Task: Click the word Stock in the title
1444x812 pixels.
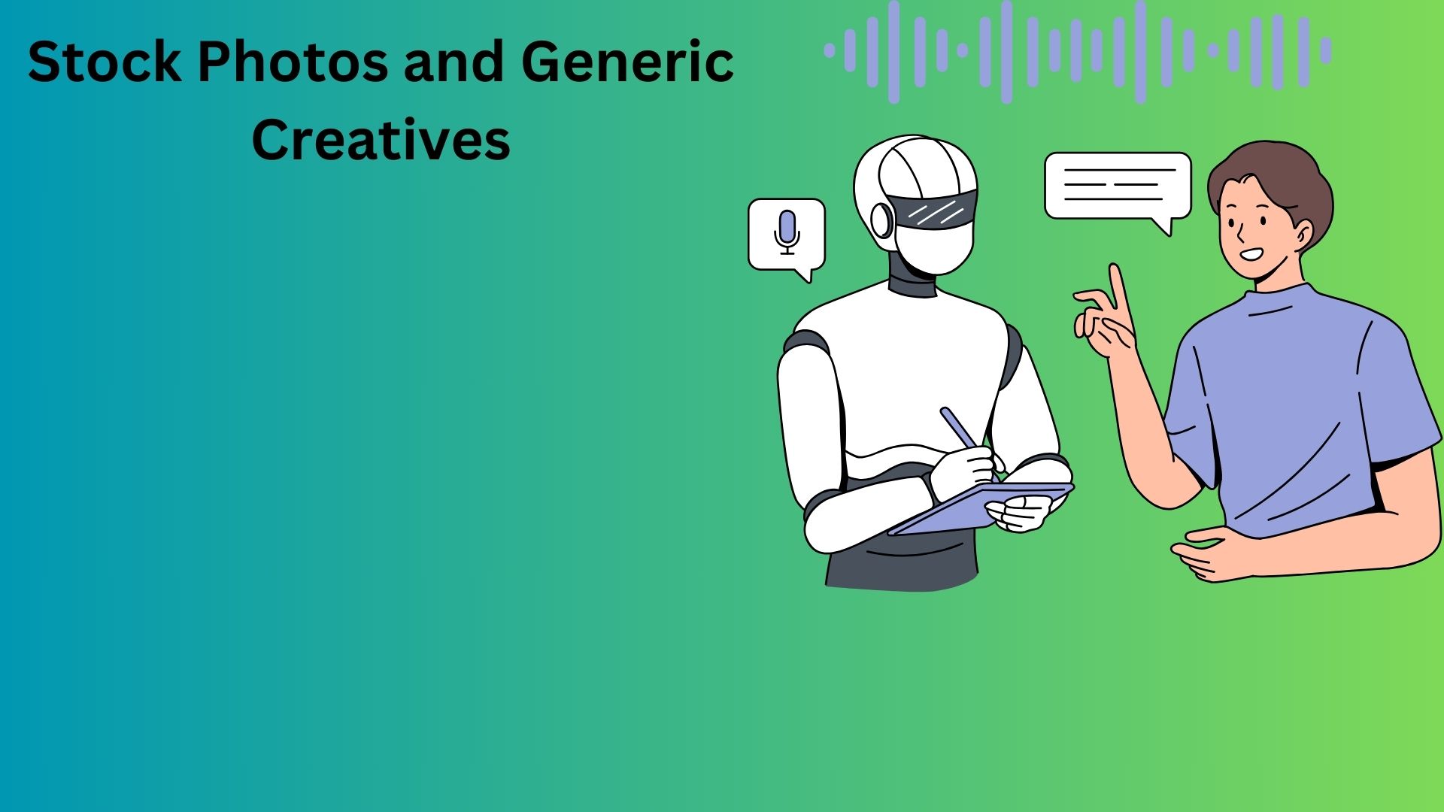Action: (x=105, y=62)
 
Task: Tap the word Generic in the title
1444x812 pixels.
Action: (x=627, y=62)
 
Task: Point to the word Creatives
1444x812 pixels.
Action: (x=381, y=140)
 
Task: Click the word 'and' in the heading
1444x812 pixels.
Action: (x=454, y=62)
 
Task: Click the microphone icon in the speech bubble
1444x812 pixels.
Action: (x=787, y=232)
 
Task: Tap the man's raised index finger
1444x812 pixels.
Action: (x=1121, y=297)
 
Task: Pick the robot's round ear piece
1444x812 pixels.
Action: (x=881, y=220)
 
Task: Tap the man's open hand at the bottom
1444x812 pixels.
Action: (x=1211, y=555)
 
